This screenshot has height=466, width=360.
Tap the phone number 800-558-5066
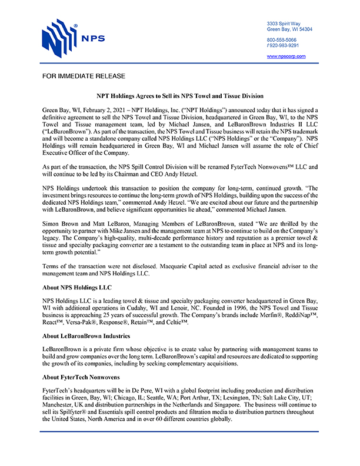[283, 39]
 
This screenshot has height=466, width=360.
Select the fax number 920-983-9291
[284, 45]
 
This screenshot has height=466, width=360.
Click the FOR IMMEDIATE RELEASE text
[84, 77]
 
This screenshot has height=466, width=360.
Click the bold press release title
[179, 95]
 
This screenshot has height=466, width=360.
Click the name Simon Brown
[61, 225]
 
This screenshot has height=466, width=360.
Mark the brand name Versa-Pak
[88, 322]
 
